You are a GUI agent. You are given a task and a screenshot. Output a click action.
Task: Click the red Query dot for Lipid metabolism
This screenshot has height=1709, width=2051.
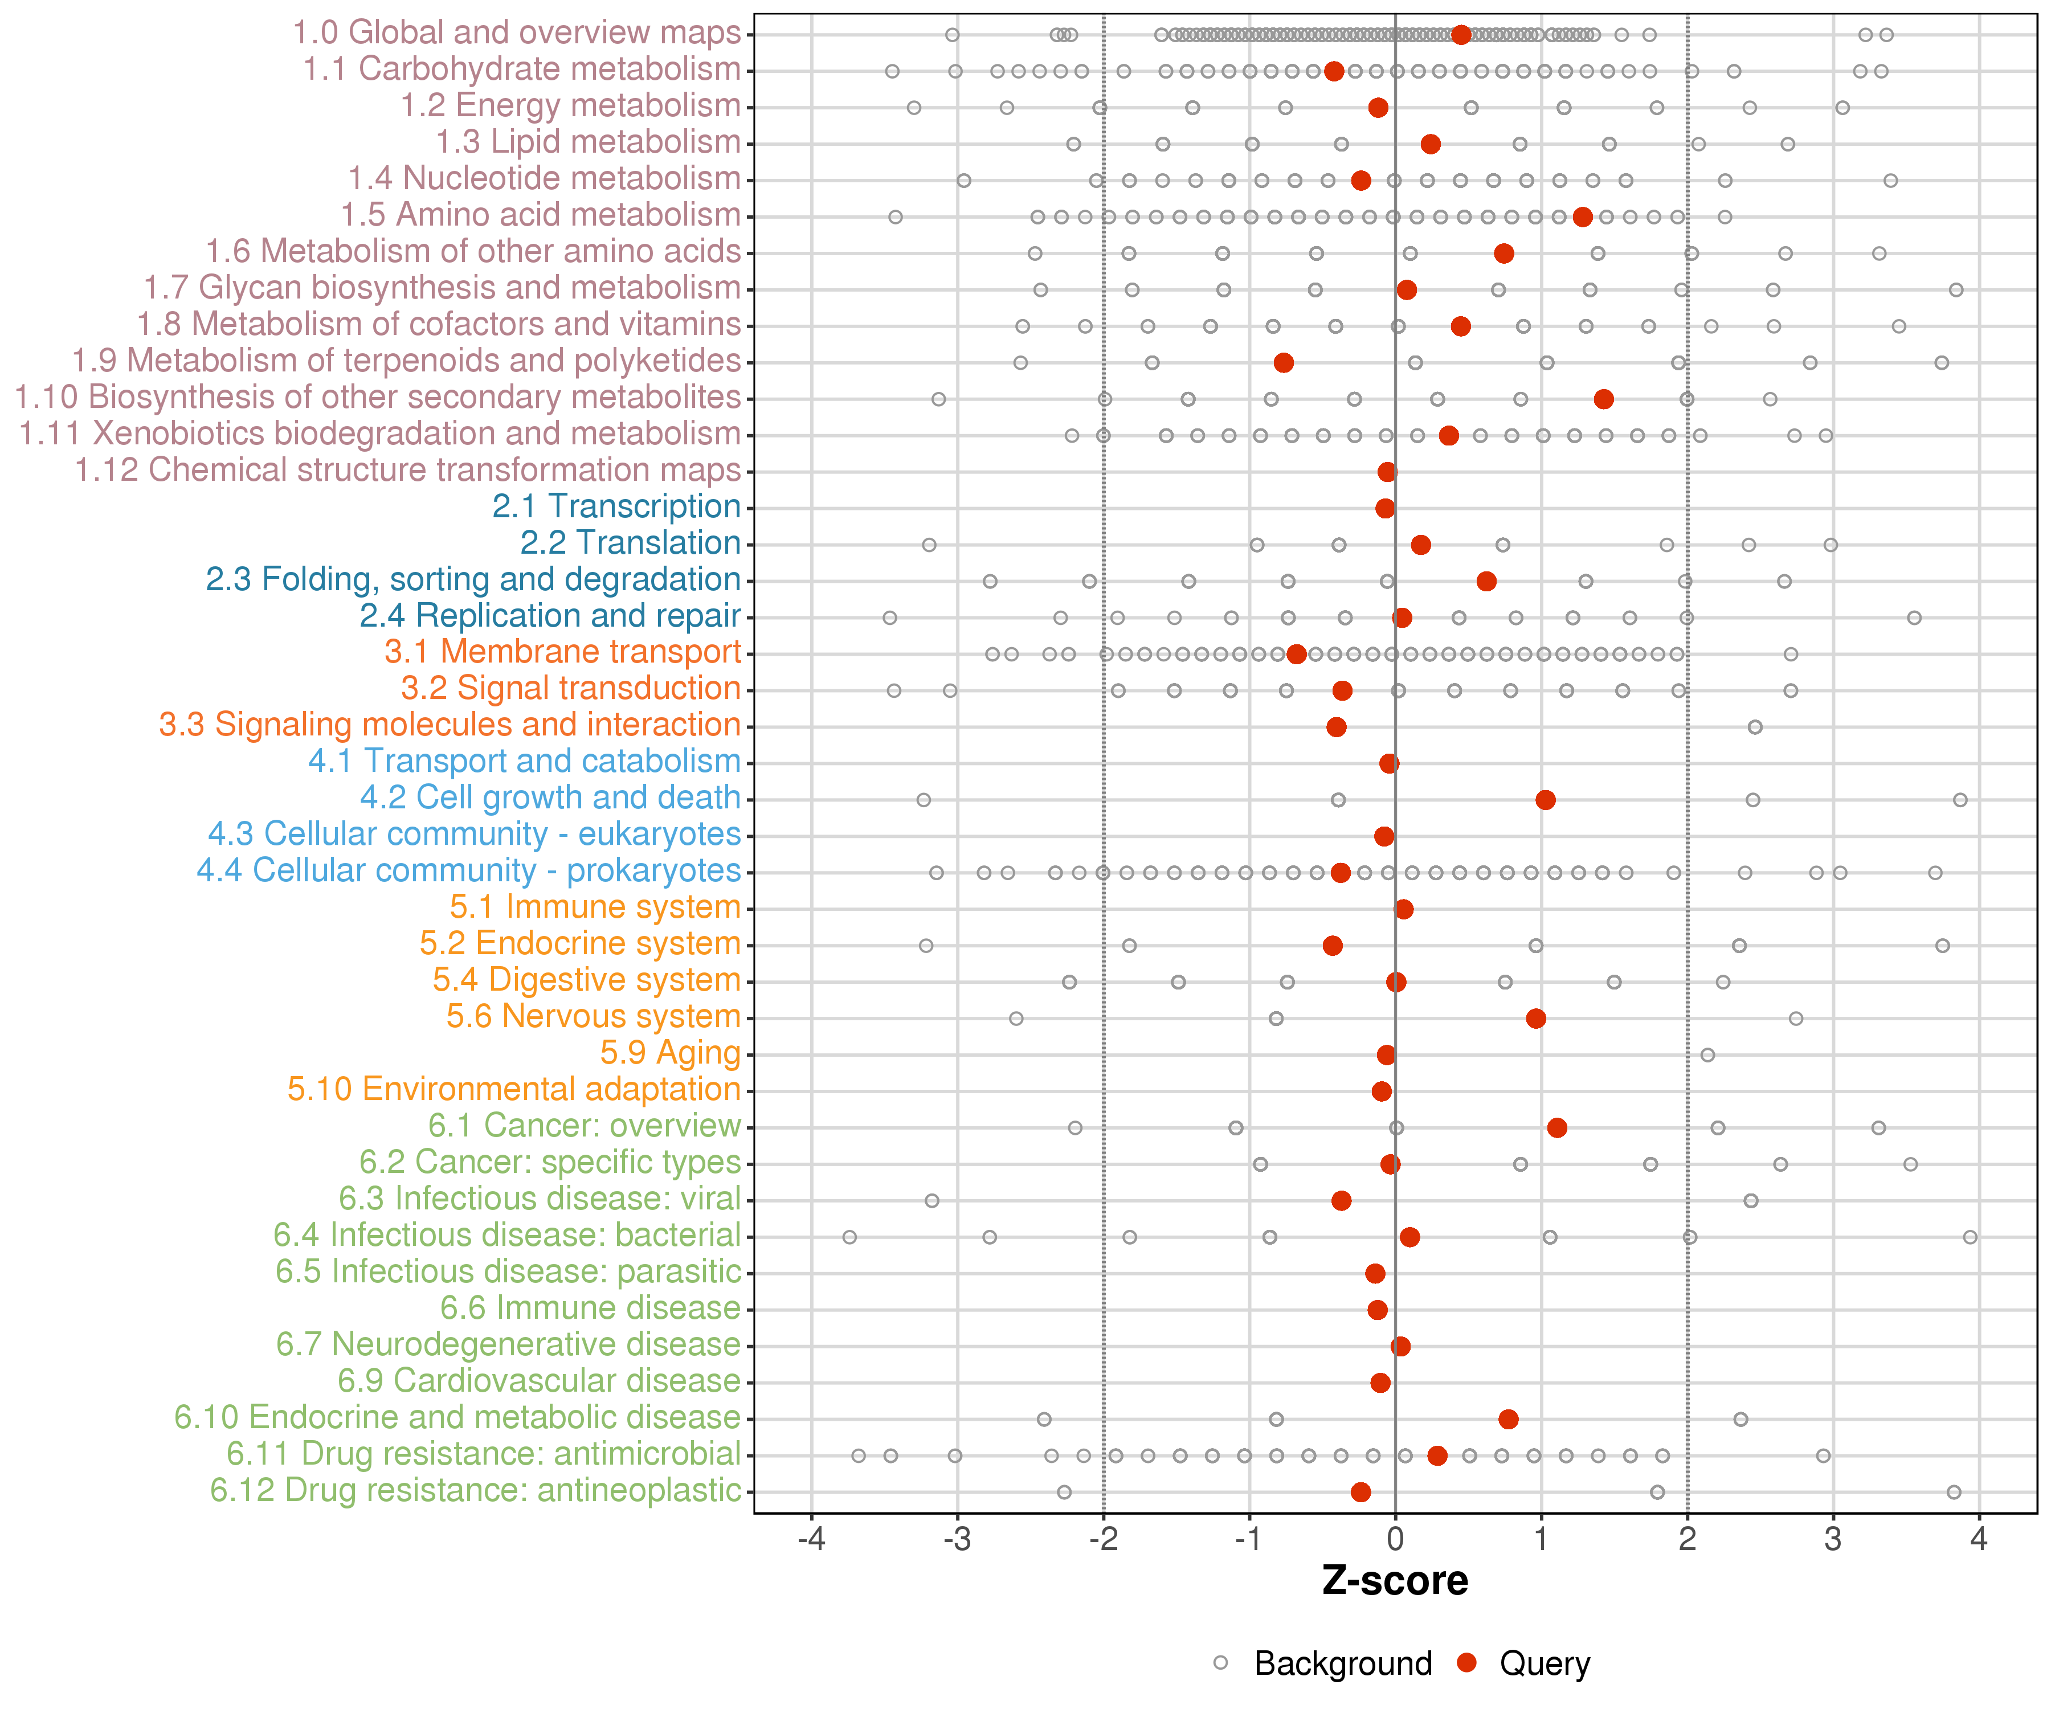click(x=1430, y=145)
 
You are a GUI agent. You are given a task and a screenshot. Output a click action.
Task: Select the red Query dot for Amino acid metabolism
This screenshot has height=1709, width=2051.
click(x=1582, y=217)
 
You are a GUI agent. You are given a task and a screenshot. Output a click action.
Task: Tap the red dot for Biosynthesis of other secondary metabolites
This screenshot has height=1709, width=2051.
click(x=1603, y=398)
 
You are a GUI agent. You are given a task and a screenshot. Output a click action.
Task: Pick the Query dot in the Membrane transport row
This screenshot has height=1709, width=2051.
click(x=1296, y=655)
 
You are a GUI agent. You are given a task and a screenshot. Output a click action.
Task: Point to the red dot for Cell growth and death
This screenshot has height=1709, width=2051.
click(x=1545, y=800)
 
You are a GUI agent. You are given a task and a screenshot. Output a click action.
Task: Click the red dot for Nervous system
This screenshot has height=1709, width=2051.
click(x=1535, y=1019)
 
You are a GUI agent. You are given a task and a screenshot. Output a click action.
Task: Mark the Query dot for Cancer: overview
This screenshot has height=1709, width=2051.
click(x=1557, y=1128)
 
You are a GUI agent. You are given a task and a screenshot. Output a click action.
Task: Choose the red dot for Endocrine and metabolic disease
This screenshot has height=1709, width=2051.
click(x=1508, y=1419)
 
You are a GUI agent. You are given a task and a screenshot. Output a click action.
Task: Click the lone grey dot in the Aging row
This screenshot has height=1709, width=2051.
click(x=1707, y=1054)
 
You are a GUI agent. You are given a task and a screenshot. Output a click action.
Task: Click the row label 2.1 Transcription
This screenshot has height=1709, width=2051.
click(x=616, y=507)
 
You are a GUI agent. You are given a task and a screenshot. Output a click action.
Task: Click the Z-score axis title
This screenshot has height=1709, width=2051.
click(x=1395, y=1581)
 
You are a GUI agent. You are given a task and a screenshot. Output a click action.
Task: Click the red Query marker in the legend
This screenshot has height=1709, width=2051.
click(x=1466, y=1663)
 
